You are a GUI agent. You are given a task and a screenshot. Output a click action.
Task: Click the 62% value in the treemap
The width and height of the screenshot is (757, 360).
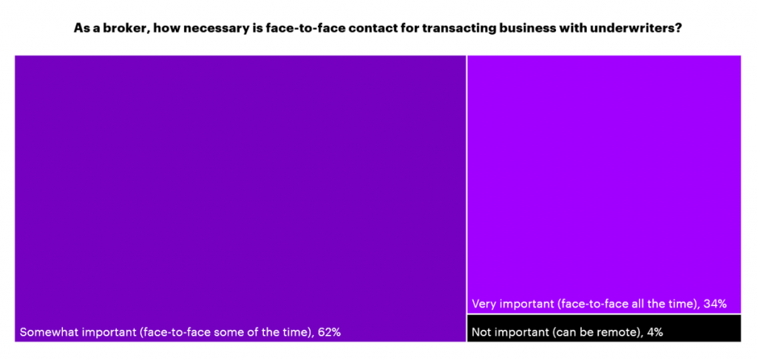(329, 333)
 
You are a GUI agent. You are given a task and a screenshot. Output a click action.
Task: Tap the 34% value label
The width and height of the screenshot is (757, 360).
(716, 304)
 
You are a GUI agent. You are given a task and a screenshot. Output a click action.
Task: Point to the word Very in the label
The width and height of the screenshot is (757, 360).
(484, 304)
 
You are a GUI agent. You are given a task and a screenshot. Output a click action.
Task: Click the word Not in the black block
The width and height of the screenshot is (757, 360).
(482, 333)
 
